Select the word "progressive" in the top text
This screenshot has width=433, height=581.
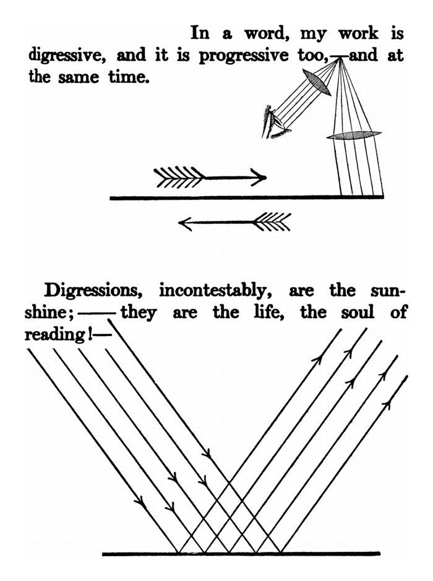pos(243,56)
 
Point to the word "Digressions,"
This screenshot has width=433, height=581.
pos(93,291)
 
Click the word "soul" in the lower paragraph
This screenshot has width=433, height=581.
pos(358,312)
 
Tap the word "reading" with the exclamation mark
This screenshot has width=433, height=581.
pos(56,335)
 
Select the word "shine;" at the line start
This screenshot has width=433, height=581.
pos(49,312)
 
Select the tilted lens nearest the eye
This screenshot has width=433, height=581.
pos(316,82)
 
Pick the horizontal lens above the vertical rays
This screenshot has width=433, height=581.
pos(354,136)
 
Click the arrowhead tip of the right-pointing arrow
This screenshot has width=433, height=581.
pos(266,178)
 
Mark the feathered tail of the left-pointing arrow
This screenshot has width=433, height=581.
pos(272,222)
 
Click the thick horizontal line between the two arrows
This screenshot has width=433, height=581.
pos(247,198)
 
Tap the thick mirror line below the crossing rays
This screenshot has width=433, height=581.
pos(241,554)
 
